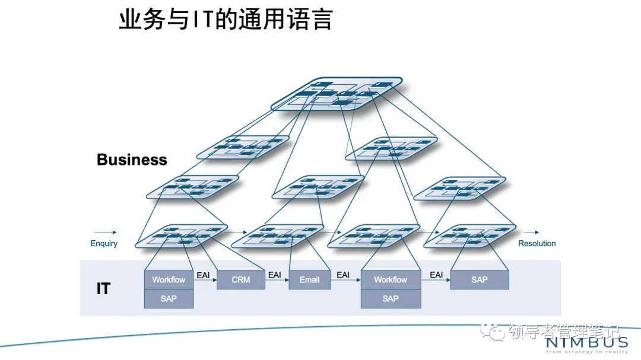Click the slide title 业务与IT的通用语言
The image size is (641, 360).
click(226, 20)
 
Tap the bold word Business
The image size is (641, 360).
click(132, 160)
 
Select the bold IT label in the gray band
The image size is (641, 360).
click(103, 288)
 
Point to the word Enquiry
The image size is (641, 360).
click(104, 243)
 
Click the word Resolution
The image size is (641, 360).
click(537, 243)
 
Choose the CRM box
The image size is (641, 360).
click(240, 279)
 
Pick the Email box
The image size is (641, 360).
click(309, 279)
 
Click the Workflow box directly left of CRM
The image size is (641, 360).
click(169, 279)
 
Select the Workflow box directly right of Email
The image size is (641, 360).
click(391, 279)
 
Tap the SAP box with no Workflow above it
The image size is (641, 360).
click(479, 279)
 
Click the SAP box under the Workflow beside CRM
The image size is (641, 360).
click(169, 298)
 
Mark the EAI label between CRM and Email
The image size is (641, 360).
click(275, 275)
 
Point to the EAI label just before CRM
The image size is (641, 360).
click(203, 275)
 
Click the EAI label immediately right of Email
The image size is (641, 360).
click(343, 275)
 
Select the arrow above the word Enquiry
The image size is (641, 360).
click(105, 232)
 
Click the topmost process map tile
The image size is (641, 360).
click(337, 94)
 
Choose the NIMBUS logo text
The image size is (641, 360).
click(586, 343)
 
